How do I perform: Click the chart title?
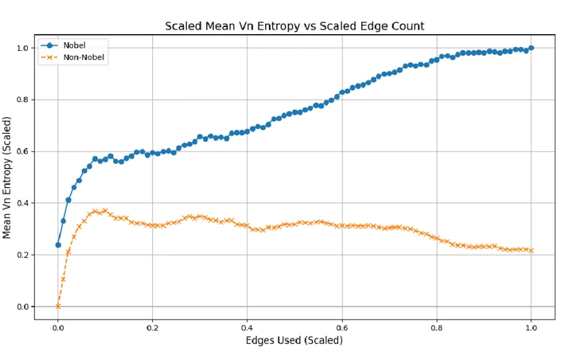click(x=294, y=26)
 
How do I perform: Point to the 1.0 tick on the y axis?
click(x=22, y=49)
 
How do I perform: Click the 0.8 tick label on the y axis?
click(x=22, y=100)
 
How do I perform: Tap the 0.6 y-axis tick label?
click(x=22, y=151)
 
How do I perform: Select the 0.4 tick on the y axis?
click(x=22, y=203)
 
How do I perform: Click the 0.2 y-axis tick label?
click(x=22, y=255)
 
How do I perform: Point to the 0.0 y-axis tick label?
click(x=22, y=307)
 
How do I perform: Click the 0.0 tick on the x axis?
click(x=58, y=328)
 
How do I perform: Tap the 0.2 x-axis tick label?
click(x=152, y=328)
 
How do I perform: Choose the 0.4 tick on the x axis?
click(x=247, y=328)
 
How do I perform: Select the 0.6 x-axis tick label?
click(x=342, y=328)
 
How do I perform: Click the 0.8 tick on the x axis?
click(x=437, y=328)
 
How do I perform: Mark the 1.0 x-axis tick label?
click(x=532, y=328)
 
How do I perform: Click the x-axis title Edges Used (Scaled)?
click(x=294, y=341)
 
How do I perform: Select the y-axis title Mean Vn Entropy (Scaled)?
click(x=7, y=178)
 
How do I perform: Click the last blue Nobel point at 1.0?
click(x=532, y=48)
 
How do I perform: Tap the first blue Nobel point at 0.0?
click(x=58, y=245)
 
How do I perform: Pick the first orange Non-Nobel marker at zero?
click(x=58, y=306)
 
